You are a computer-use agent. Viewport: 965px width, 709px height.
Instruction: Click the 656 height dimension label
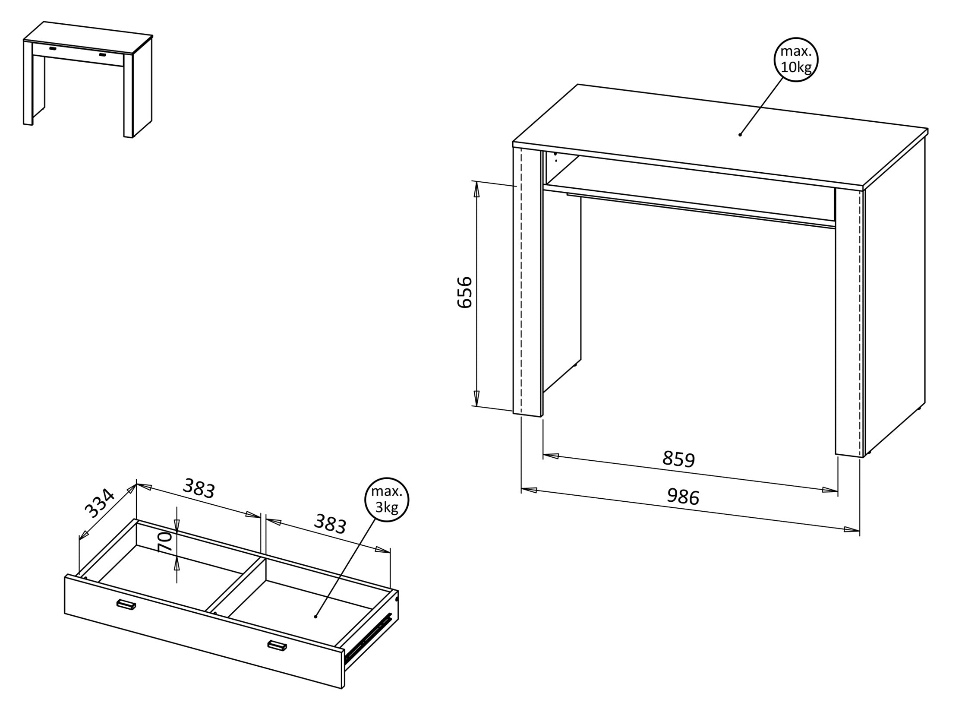tap(464, 292)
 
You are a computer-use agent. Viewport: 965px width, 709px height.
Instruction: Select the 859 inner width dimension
tap(678, 459)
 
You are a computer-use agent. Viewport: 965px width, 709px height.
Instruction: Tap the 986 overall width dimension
tap(683, 497)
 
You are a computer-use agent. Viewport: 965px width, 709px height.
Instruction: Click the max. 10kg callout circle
tap(796, 60)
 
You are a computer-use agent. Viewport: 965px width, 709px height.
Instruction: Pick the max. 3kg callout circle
tap(387, 500)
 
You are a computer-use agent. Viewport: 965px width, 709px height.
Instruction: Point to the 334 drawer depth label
tap(100, 503)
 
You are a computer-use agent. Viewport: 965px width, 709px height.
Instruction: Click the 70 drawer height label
tap(165, 542)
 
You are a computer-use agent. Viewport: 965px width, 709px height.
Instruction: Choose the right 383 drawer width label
tap(330, 524)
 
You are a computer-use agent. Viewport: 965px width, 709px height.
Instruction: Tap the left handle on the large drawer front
tap(126, 605)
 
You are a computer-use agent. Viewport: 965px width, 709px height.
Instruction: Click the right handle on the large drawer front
tap(277, 645)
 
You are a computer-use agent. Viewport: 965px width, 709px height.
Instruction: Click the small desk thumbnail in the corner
tap(88, 79)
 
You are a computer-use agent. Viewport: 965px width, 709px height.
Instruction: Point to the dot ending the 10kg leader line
tap(740, 135)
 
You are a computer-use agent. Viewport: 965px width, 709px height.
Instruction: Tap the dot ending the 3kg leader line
tap(315, 616)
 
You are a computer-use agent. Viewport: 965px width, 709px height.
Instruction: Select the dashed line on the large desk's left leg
tap(522, 281)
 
